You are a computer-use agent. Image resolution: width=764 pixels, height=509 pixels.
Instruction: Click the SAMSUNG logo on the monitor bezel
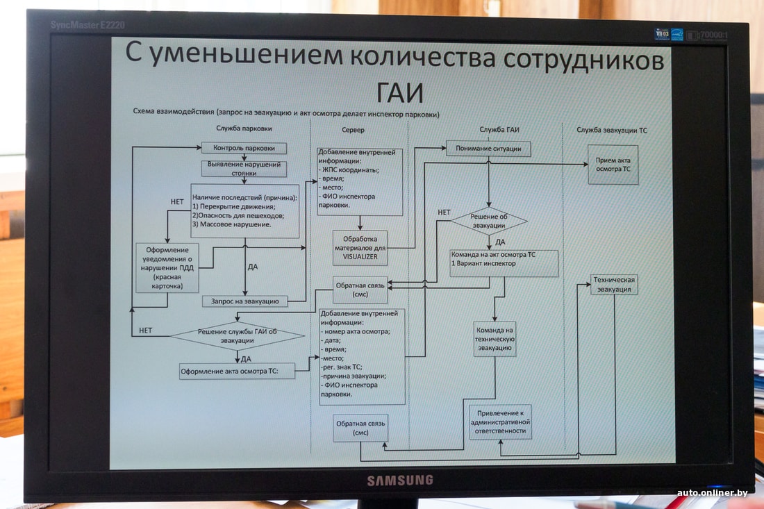(x=399, y=480)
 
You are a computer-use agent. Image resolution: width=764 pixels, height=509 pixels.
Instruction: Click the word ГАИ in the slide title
(x=400, y=92)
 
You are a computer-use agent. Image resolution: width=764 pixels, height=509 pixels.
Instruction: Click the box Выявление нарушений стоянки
(x=244, y=168)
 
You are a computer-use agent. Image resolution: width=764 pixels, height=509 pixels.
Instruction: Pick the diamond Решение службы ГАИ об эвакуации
(x=238, y=336)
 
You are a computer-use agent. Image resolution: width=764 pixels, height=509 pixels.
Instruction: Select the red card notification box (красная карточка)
(x=167, y=267)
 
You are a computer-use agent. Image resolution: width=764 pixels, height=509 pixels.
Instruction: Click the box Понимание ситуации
(x=488, y=149)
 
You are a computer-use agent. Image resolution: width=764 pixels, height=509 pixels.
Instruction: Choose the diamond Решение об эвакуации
(x=489, y=221)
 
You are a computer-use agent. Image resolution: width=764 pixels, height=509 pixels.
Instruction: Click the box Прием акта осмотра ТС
(x=613, y=165)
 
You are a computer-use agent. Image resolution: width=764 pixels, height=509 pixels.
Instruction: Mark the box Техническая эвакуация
(x=613, y=285)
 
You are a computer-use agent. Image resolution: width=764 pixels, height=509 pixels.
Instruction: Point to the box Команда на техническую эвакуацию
(x=495, y=340)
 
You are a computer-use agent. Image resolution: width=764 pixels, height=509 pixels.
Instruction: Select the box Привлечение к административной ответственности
(x=499, y=422)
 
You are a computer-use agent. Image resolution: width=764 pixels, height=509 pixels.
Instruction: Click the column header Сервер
(x=353, y=130)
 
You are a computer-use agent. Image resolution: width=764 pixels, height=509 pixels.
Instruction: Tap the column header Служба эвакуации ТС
(x=612, y=130)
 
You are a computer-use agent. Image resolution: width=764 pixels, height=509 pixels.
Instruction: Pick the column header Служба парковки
(x=244, y=128)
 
